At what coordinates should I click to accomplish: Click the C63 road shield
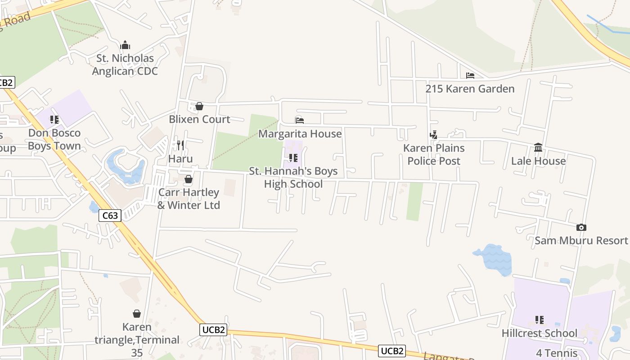point(110,216)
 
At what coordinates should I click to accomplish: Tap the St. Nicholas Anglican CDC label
point(125,65)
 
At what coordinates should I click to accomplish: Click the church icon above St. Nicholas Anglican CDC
point(125,45)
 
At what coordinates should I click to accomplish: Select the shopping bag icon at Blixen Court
point(199,106)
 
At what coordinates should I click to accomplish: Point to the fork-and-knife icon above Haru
point(180,145)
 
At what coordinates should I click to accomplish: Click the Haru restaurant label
point(180,159)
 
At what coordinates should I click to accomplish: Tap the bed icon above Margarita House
point(300,120)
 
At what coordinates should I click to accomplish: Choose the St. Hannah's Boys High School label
point(293,178)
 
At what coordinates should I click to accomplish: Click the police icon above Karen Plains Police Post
point(434,135)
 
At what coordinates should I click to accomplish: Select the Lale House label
point(538,161)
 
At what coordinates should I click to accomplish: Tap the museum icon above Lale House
point(538,147)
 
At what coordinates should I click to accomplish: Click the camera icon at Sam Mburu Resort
point(581,228)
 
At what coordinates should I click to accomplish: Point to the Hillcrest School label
point(539,333)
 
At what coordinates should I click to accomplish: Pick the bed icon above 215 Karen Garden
point(470,76)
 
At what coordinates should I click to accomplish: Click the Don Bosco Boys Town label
point(54,139)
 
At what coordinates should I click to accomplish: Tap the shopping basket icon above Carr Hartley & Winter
point(189,179)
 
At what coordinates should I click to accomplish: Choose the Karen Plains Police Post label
point(434,154)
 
